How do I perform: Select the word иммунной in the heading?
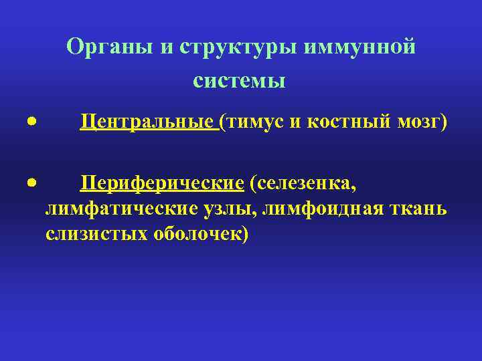[360, 47]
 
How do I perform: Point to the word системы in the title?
[239, 81]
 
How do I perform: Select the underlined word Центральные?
[147, 123]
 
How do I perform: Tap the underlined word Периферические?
[162, 183]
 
